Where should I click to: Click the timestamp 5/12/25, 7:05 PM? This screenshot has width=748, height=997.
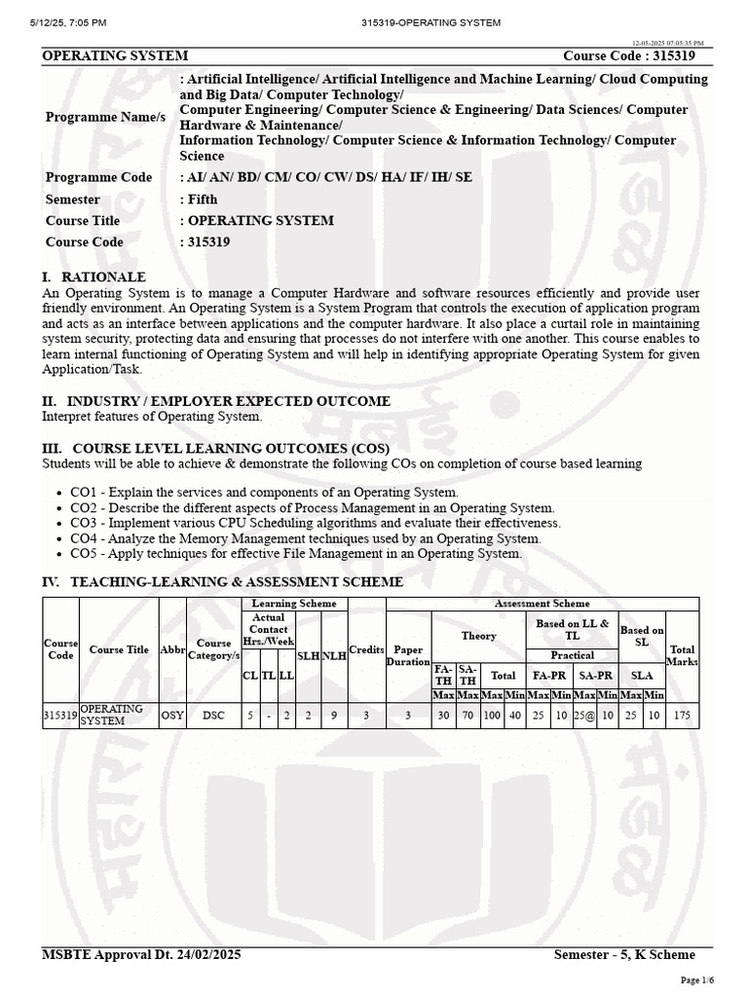point(58,21)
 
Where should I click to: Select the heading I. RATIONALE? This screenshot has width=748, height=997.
point(94,277)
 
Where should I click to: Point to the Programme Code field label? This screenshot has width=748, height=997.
point(98,177)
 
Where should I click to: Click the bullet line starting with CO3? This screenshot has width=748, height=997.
point(316,523)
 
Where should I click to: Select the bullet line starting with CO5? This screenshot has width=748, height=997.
point(296,553)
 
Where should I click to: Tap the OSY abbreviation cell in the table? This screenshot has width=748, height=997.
point(172,715)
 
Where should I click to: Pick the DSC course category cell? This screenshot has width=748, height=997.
point(213,715)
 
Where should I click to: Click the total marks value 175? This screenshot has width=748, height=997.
point(683,715)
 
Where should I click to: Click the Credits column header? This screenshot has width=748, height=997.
point(366,649)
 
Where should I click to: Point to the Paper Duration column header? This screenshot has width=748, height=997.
point(408,655)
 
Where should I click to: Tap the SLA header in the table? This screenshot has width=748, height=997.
point(642,674)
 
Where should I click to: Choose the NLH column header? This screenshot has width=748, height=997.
point(334,656)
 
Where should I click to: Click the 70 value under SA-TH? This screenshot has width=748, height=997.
point(467,715)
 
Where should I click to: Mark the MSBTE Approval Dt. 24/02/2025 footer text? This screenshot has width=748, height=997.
point(141,954)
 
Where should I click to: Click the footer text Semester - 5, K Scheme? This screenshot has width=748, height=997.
point(624,954)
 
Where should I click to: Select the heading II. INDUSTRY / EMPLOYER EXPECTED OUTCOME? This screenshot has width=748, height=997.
point(215,401)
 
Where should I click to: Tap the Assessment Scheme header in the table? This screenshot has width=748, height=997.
point(542,604)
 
